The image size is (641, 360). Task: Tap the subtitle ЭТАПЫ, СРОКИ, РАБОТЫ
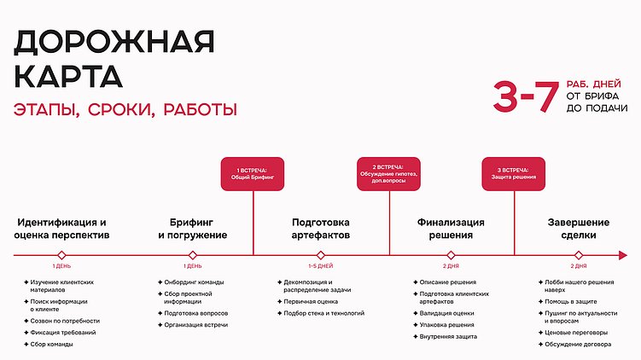125,110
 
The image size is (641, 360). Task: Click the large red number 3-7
525,98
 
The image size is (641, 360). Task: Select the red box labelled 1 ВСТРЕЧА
253,174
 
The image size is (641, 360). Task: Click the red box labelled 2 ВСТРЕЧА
388,174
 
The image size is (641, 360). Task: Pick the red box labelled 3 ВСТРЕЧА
516,174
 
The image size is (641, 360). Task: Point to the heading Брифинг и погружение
192,229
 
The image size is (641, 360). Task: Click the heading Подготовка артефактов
321,229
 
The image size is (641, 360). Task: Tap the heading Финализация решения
451,229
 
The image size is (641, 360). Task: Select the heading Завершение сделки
579,229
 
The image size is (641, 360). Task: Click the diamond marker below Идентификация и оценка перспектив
61,254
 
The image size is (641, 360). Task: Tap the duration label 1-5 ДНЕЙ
321,266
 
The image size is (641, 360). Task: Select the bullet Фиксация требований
63,332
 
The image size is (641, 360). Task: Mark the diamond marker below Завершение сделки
579,254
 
